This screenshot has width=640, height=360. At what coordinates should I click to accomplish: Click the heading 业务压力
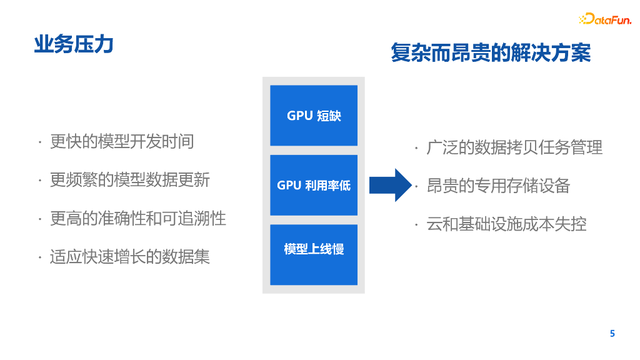point(74,44)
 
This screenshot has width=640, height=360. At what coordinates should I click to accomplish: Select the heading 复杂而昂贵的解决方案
point(491,53)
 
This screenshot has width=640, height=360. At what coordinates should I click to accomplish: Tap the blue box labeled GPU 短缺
point(314,116)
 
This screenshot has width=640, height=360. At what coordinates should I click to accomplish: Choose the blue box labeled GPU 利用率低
point(314,185)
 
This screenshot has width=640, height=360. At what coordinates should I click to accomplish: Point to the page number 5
point(612,333)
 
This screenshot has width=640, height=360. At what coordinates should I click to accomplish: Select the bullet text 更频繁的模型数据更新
point(130,180)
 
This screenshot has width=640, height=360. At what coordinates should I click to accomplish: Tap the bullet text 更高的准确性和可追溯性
point(138,218)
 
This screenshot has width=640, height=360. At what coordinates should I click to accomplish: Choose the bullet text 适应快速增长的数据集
point(130,256)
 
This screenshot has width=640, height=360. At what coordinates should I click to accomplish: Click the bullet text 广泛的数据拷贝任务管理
point(514,147)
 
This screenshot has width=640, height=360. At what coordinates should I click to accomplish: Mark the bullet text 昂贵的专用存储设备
point(498,186)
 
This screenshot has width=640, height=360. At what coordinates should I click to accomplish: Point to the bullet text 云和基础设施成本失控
point(506,224)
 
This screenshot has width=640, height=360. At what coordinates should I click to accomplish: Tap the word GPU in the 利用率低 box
point(289,186)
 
